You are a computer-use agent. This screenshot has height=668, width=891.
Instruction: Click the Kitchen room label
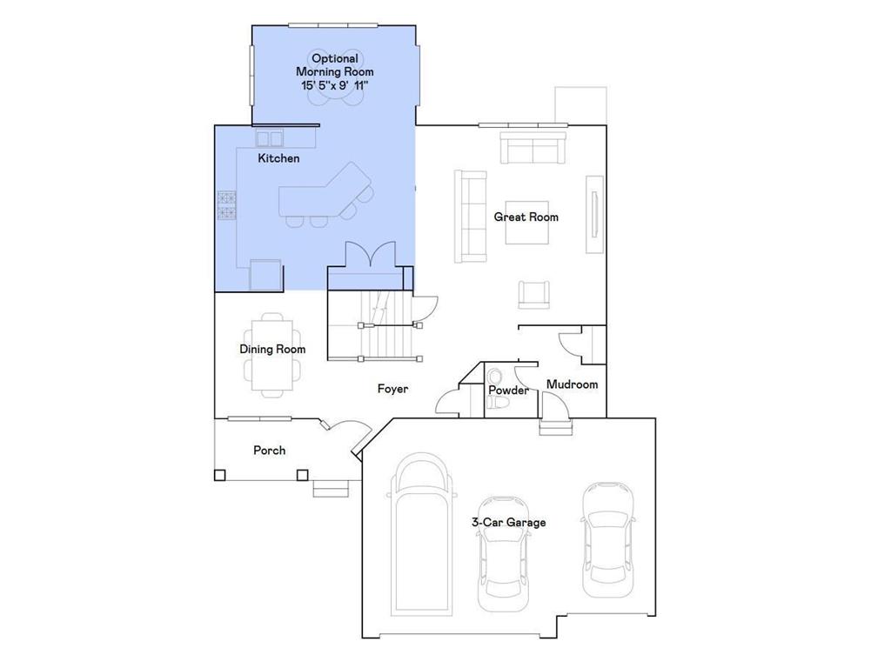pos(278,158)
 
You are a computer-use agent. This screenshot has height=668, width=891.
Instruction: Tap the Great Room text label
pos(526,217)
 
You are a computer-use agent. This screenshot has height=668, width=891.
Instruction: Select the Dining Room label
pos(272,349)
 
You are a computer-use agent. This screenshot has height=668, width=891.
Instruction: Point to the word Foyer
pos(392,389)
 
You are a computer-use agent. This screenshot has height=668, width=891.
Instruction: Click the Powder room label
pos(508,391)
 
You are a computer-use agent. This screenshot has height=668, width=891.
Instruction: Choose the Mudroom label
pos(572,384)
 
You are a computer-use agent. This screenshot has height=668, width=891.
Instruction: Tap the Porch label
pos(269,450)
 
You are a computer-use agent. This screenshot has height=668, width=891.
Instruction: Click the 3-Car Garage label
pos(509,522)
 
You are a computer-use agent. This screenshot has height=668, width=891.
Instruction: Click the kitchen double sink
pos(270,138)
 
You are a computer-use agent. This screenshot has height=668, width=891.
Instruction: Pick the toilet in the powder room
pos(496,377)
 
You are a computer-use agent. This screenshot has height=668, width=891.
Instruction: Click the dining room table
pos(271,357)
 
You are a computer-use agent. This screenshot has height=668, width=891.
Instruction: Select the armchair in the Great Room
pos(534,294)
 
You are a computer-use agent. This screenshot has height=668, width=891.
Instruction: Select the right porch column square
pos(302,475)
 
